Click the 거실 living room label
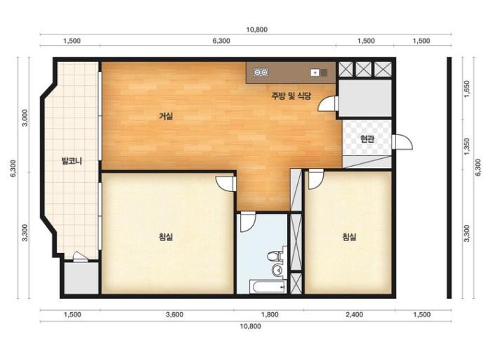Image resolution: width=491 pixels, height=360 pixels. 166,117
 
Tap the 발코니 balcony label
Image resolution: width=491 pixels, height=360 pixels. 72,161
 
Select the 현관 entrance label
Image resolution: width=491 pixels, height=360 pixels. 367,139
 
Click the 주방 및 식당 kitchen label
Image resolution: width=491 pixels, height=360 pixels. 292,96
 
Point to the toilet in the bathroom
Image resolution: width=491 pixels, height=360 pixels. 274,256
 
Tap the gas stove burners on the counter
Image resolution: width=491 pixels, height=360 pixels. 261,72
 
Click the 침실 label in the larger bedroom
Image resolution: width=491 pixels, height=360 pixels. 166,236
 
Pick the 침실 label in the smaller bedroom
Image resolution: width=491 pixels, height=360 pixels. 349,236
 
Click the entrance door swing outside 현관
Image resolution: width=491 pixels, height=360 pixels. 402,142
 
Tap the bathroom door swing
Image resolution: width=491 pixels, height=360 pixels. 248,221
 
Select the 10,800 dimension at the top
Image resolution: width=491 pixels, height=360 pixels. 257,30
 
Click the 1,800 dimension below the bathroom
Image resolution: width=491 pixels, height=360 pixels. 270,314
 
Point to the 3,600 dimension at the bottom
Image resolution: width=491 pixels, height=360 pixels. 175,314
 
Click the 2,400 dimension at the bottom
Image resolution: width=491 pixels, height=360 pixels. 355,314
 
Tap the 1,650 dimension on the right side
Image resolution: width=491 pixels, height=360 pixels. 466,89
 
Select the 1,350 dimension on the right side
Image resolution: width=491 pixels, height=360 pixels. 466,146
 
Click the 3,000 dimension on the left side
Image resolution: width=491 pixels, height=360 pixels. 25,117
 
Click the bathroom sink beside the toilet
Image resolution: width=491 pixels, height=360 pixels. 276,271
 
